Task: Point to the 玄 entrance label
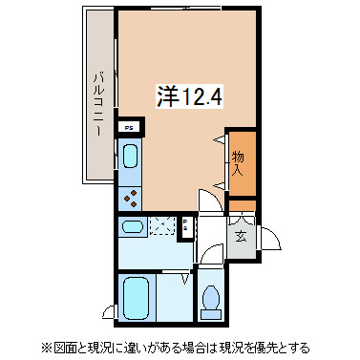pos(242,237)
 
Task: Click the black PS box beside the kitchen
pos(130,124)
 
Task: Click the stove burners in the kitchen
pos(131,195)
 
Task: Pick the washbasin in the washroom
pos(132,228)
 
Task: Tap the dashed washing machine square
pos(162,227)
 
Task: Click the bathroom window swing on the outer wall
pos(112,311)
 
